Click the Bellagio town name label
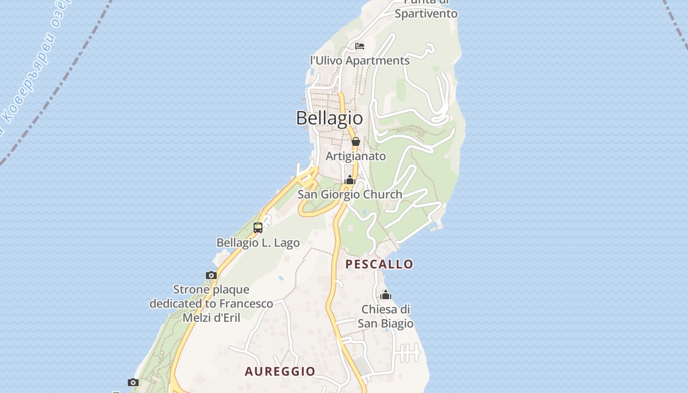[x=329, y=118]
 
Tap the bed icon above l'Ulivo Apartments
[x=360, y=46]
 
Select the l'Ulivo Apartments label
[x=360, y=60]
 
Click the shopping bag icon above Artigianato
[x=356, y=142]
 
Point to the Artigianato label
[x=356, y=156]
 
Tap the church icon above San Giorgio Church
[x=350, y=180]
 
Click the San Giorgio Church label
[x=350, y=195]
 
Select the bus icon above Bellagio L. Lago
[x=258, y=228]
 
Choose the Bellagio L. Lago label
[x=258, y=243]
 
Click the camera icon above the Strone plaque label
[x=211, y=275]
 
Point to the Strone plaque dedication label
[x=211, y=304]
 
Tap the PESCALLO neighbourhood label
[x=379, y=264]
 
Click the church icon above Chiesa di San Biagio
[x=386, y=295]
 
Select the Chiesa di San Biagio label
[x=385, y=316]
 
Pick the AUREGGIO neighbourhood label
[x=280, y=371]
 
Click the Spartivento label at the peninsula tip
[x=426, y=13]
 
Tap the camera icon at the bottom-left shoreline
[x=133, y=382]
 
